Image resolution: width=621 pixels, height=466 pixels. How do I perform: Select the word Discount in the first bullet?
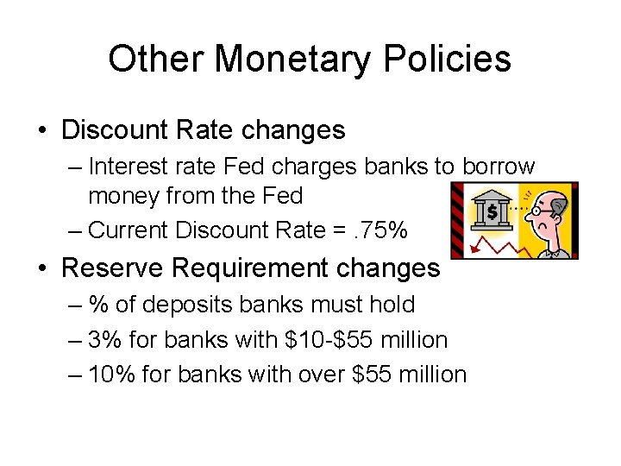116,130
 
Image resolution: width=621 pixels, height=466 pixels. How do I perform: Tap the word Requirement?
248,268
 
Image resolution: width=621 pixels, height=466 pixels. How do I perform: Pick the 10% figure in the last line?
115,375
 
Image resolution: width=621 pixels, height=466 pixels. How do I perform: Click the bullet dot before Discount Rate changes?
43,131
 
